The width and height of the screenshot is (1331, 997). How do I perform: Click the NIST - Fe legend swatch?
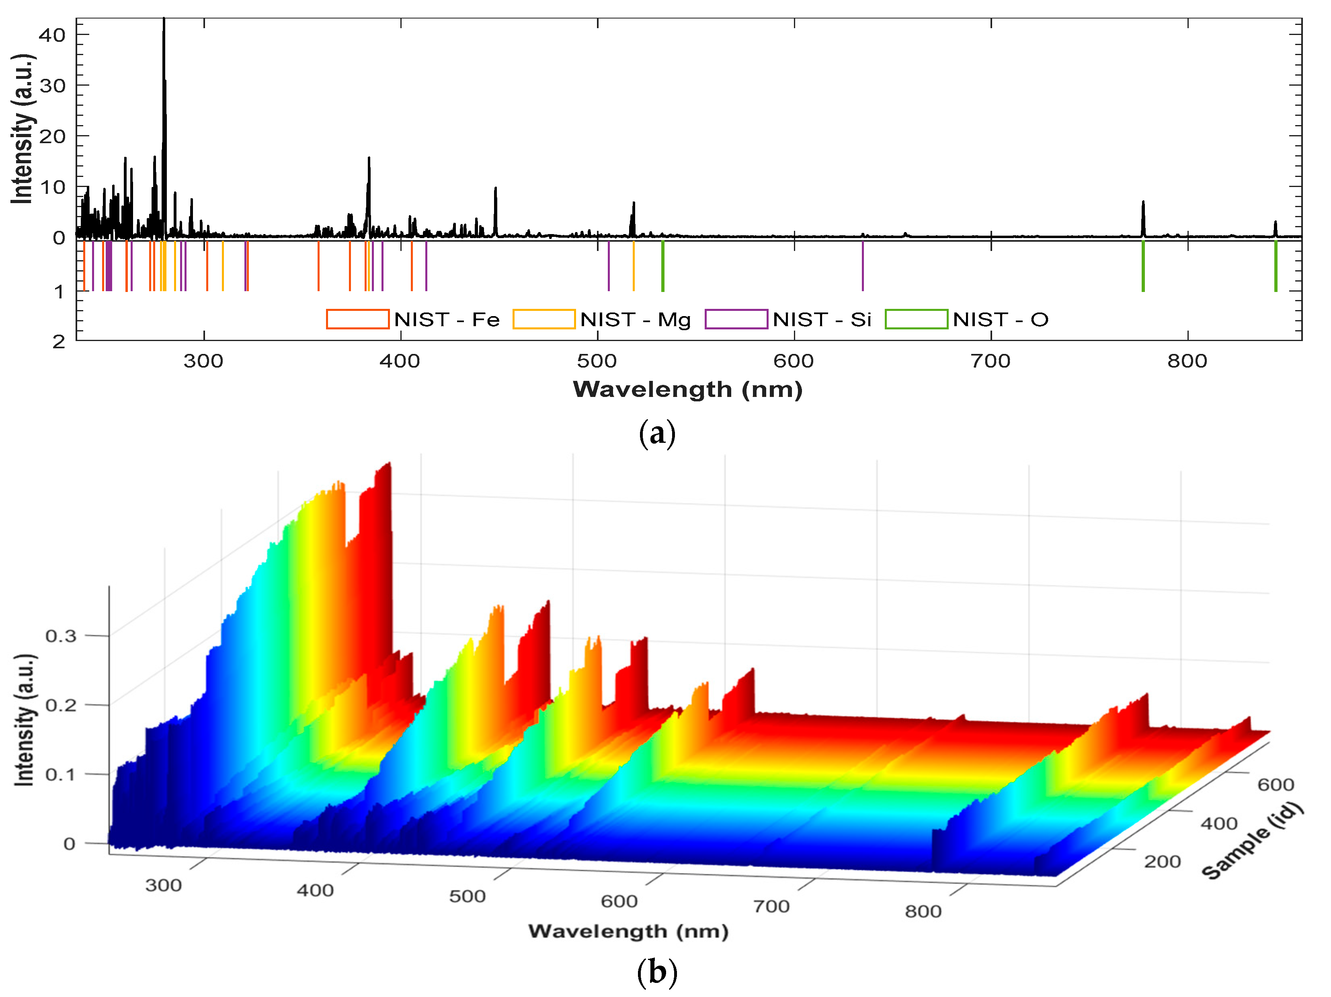click(x=357, y=319)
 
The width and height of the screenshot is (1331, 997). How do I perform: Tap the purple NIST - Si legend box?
click(x=736, y=319)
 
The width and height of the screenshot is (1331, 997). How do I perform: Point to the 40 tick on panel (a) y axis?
click(x=52, y=35)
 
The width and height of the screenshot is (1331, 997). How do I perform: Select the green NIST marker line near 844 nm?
click(x=1275, y=265)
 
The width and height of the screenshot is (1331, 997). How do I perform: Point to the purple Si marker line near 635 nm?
click(x=863, y=265)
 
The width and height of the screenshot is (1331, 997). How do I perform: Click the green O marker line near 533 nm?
click(x=662, y=265)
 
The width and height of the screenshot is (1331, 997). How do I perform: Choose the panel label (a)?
click(x=657, y=434)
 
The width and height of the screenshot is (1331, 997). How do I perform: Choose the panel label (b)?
click(x=657, y=972)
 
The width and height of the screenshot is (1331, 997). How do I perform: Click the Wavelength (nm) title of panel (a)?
click(x=688, y=390)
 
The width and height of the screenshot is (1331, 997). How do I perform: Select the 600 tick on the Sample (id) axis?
click(x=1276, y=785)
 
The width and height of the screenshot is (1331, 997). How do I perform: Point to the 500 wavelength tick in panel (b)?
click(x=467, y=896)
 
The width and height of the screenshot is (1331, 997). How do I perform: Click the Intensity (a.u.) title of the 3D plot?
click(x=25, y=719)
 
